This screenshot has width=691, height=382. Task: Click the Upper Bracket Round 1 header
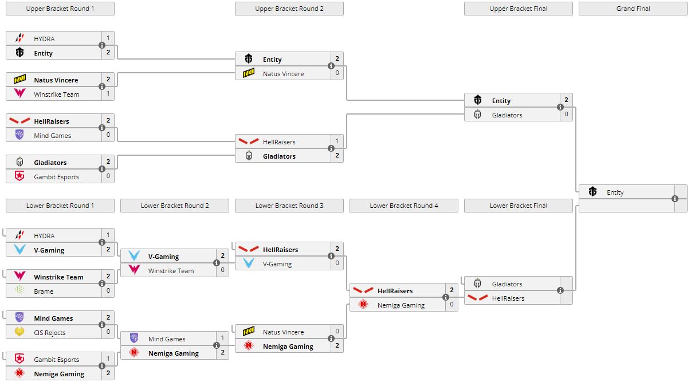pyautogui.click(x=60, y=9)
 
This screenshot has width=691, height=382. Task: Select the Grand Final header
pyautogui.click(x=633, y=9)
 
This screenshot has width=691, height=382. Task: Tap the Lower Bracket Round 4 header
pyautogui.click(x=403, y=206)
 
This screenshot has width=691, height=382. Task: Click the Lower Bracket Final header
pyautogui.click(x=518, y=206)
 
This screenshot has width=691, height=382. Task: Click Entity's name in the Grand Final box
pyautogui.click(x=615, y=192)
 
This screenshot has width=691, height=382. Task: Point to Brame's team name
pyautogui.click(x=44, y=292)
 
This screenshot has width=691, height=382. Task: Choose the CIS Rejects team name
pyautogui.click(x=50, y=333)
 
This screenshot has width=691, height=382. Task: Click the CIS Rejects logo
pyautogui.click(x=20, y=332)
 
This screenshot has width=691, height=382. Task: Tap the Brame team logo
pyautogui.click(x=20, y=291)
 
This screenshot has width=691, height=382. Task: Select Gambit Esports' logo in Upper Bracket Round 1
pyautogui.click(x=20, y=176)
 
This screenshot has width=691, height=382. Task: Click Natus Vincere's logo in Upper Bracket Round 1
pyautogui.click(x=20, y=80)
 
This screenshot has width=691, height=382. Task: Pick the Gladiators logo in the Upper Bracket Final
pyautogui.click(x=478, y=115)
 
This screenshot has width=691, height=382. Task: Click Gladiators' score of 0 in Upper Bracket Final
pyautogui.click(x=566, y=115)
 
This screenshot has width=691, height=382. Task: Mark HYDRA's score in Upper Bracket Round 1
pyautogui.click(x=108, y=38)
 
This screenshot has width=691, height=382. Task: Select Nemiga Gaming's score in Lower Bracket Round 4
pyautogui.click(x=451, y=305)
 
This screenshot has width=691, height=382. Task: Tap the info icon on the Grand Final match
pyautogui.click(x=674, y=199)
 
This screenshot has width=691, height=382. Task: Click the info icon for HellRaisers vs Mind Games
pyautogui.click(x=102, y=128)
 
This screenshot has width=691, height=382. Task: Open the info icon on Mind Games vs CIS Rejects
pyautogui.click(x=102, y=325)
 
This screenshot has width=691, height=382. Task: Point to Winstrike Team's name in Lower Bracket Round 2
pyautogui.click(x=171, y=271)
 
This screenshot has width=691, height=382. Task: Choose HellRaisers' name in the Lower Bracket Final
pyautogui.click(x=508, y=298)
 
